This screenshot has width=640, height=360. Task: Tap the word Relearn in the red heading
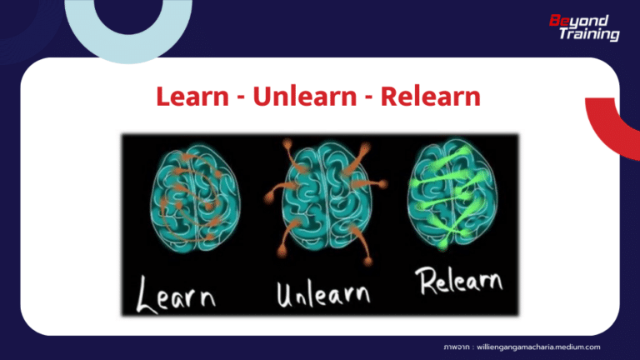[x=430, y=97]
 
